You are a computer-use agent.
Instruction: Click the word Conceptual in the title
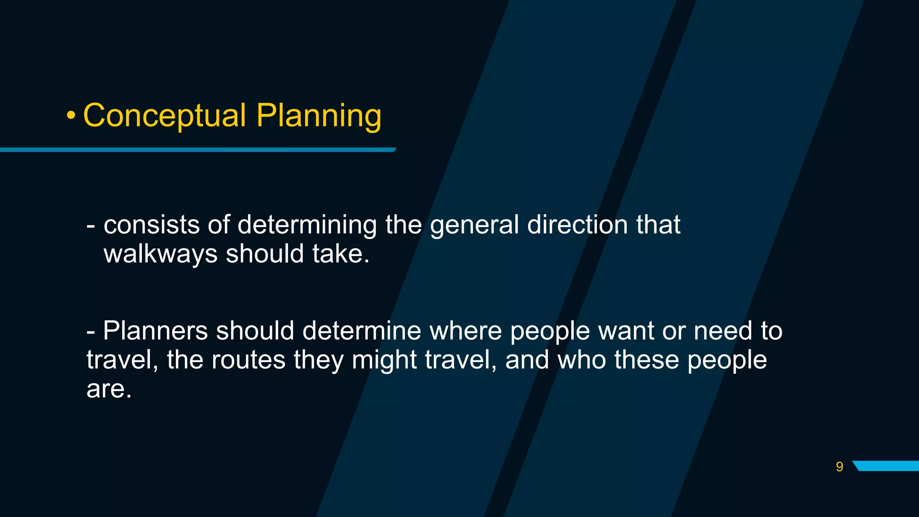click(165, 116)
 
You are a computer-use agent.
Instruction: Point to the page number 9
click(839, 467)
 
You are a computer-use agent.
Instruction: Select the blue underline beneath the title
click(197, 150)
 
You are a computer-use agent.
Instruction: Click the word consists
click(151, 225)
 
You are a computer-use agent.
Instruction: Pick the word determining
click(307, 225)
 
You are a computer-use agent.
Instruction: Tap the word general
click(474, 225)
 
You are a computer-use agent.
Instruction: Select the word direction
click(578, 225)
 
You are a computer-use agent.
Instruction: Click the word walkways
click(160, 254)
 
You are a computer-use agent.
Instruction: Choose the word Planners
click(155, 331)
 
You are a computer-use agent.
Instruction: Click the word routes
click(248, 360)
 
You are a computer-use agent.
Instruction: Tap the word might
click(384, 360)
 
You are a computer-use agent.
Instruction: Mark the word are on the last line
click(108, 389)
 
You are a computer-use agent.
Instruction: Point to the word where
click(465, 331)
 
